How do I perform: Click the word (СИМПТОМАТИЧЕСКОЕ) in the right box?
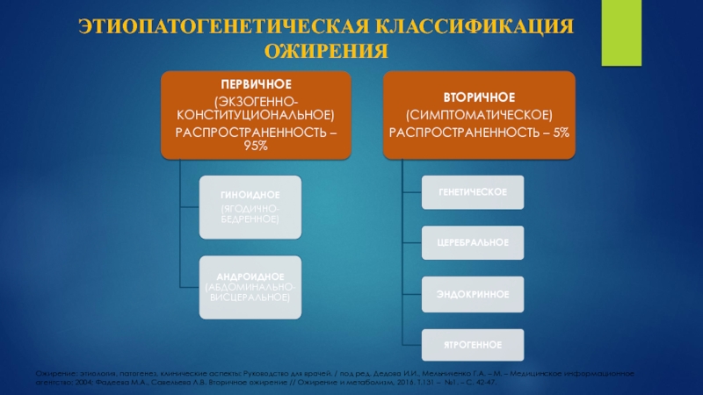click(x=479, y=115)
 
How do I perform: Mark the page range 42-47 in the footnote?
click(x=481, y=383)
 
